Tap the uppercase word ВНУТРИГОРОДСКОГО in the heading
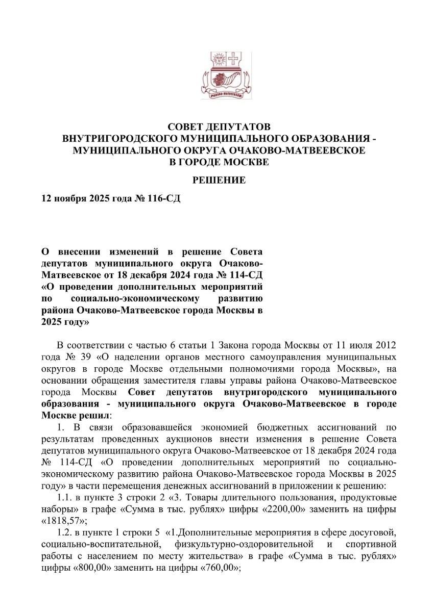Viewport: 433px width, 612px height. (129, 139)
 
